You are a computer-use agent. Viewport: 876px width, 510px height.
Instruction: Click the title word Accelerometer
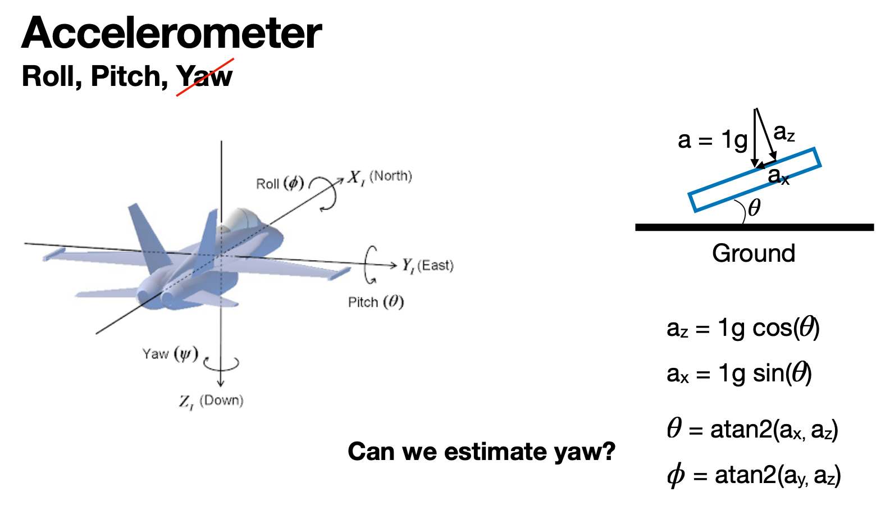171,33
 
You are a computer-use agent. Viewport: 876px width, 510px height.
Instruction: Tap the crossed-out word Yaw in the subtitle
204,76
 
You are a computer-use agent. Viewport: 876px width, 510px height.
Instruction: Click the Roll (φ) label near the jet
280,184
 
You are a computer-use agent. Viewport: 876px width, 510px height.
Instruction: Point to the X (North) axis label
380,177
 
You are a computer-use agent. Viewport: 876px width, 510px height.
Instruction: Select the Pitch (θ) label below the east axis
376,302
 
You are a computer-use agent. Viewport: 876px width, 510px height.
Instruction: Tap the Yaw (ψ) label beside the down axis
170,354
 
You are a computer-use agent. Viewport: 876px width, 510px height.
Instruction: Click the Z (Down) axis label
211,401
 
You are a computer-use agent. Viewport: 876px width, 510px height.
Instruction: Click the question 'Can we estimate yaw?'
481,452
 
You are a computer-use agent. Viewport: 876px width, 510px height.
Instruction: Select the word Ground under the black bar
754,253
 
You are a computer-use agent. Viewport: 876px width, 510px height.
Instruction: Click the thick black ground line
754,227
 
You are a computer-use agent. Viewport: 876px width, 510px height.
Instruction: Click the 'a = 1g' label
712,140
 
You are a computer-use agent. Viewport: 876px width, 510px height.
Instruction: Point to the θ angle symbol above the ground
754,208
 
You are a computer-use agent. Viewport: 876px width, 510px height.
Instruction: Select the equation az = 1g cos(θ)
742,328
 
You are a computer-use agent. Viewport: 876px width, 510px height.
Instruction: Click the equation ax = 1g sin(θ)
739,374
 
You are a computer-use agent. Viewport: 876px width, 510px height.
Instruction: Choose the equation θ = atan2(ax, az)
752,430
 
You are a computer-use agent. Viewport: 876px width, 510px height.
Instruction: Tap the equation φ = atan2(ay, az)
754,476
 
